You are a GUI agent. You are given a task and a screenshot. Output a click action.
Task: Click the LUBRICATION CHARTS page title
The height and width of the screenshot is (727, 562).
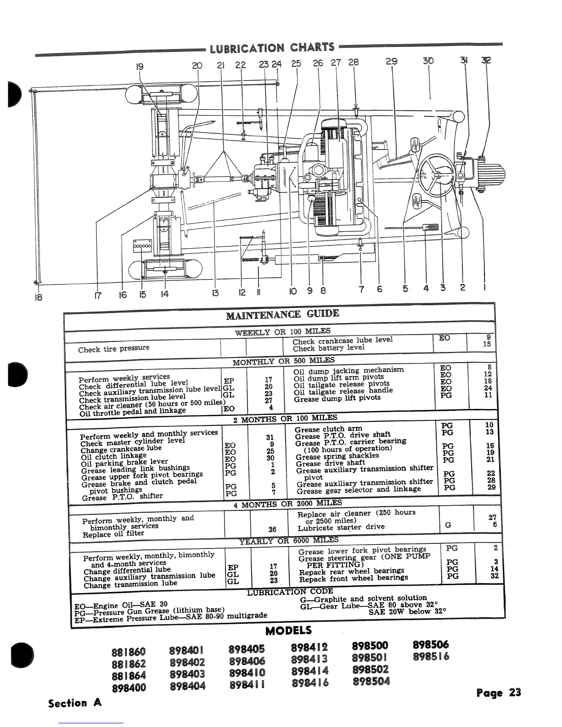tap(272, 47)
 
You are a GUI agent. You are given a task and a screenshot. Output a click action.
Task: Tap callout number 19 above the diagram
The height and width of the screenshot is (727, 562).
tap(140, 66)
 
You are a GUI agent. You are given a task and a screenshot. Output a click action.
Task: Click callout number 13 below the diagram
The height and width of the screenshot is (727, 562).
tap(216, 293)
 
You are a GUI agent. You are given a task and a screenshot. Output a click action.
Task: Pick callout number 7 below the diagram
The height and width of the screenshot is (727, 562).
tap(360, 290)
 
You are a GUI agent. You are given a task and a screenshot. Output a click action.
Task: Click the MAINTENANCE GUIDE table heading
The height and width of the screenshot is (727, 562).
tap(282, 314)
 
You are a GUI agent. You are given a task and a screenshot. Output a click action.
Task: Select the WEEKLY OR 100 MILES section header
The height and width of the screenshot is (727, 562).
tap(282, 331)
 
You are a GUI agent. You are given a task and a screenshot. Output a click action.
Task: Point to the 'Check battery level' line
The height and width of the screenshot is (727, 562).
tap(328, 348)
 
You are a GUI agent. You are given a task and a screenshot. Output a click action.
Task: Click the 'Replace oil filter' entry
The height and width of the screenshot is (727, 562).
tap(113, 534)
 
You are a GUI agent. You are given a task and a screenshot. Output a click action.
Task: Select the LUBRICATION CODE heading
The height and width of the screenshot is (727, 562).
tap(290, 592)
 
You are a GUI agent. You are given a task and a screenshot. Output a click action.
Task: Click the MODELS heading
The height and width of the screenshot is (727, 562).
tap(288, 630)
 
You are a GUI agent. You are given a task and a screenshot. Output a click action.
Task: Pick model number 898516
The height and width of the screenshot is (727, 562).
tap(431, 656)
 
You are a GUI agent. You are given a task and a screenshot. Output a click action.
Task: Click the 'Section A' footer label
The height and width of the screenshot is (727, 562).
tap(75, 703)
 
